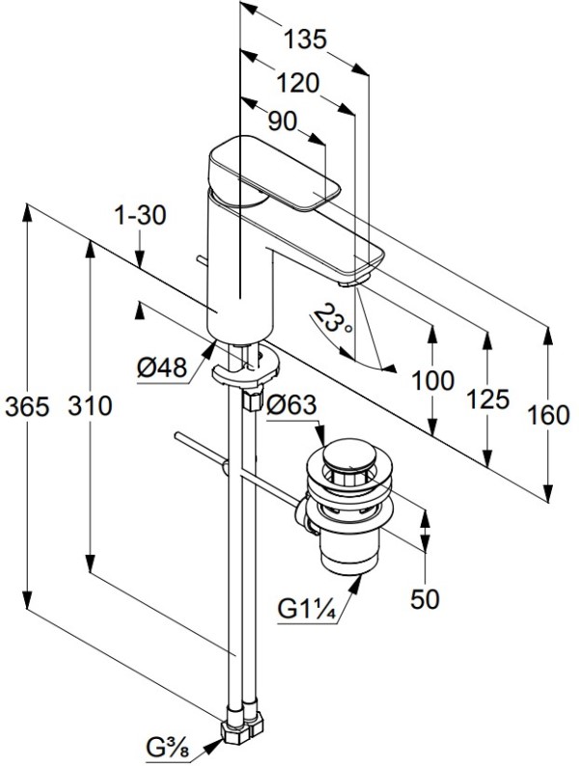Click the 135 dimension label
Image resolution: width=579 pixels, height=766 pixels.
pos(304,40)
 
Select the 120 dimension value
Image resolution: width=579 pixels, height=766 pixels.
pos(297,83)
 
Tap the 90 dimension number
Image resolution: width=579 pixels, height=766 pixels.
pos(283,122)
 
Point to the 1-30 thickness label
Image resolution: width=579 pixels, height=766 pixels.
pos(140,215)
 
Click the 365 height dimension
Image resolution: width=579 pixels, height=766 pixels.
pos(27,406)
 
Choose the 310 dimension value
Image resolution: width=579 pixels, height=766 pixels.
pos(90,405)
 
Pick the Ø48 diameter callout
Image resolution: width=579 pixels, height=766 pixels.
pos(162,368)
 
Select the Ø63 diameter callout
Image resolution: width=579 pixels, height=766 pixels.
pos(291,405)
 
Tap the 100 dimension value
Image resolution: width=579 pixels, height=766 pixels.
pos(433,380)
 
